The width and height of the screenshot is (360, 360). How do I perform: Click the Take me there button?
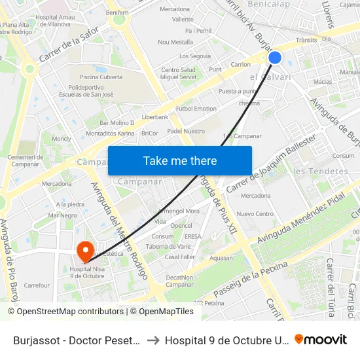point(179,160)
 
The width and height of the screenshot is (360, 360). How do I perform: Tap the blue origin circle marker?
point(275,58)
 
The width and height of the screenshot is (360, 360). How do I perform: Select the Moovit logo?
point(321,340)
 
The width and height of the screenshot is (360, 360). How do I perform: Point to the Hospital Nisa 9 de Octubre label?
point(87,271)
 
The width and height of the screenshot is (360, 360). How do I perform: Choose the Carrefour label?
point(37,285)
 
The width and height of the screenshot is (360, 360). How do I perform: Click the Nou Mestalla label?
point(175,42)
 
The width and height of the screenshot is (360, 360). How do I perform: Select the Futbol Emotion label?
point(196,109)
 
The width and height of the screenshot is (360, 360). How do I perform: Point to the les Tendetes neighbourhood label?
point(321,171)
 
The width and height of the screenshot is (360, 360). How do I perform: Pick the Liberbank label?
point(155,117)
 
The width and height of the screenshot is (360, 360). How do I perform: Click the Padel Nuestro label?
point(185,131)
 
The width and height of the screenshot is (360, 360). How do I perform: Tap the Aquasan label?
point(221,259)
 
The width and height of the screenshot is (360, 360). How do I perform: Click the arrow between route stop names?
point(153,340)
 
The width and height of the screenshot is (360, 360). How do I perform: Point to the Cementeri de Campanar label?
point(25,161)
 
